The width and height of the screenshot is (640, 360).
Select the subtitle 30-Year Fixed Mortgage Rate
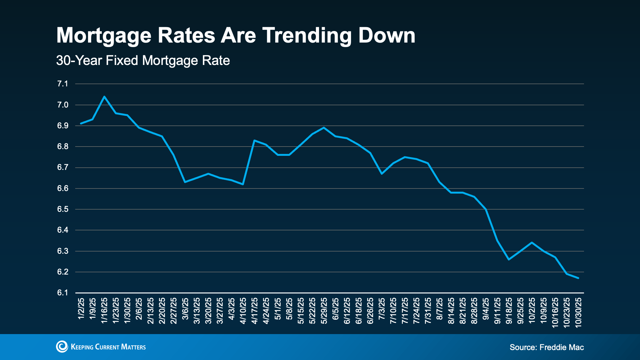click(143, 60)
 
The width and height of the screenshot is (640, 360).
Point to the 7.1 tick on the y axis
click(63, 84)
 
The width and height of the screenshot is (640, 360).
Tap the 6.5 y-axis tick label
click(63, 209)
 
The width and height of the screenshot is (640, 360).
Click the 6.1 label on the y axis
click(63, 293)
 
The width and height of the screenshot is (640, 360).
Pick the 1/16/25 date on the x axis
click(104, 311)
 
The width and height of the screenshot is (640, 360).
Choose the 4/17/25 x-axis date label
click(255, 311)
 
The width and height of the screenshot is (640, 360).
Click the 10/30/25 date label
click(578, 312)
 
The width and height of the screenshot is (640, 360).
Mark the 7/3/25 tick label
click(382, 309)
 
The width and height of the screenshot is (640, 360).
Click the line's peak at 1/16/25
click(104, 96)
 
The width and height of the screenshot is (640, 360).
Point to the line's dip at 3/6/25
click(185, 182)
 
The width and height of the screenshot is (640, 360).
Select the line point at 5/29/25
click(324, 127)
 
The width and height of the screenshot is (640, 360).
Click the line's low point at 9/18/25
click(509, 259)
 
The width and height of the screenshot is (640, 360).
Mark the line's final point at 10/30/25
click(578, 278)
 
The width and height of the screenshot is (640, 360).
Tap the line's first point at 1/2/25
click(81, 124)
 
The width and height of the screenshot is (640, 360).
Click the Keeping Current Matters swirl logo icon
click(62, 347)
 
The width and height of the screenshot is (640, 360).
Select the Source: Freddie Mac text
click(547, 347)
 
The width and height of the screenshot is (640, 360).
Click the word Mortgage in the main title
click(104, 36)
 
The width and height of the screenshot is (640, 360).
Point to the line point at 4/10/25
click(243, 184)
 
